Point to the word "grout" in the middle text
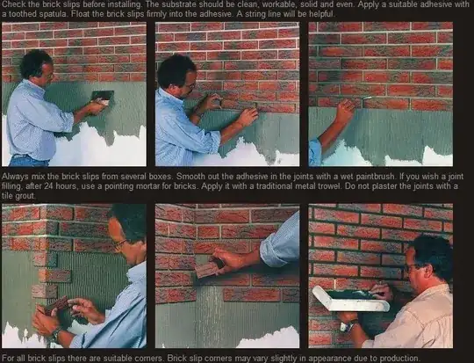pyautogui.click(x=25, y=196)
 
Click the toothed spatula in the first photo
pyautogui.click(x=102, y=97)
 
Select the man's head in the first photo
pyautogui.click(x=36, y=65)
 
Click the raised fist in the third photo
pyautogui.click(x=345, y=111)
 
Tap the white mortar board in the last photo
pyautogui.click(x=349, y=300)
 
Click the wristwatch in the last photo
pyautogui.click(x=347, y=326)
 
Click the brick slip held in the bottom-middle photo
pyautogui.click(x=208, y=269)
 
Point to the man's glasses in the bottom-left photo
pyautogui.click(x=120, y=243)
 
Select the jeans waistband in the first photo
pyautogui.click(x=29, y=157)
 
